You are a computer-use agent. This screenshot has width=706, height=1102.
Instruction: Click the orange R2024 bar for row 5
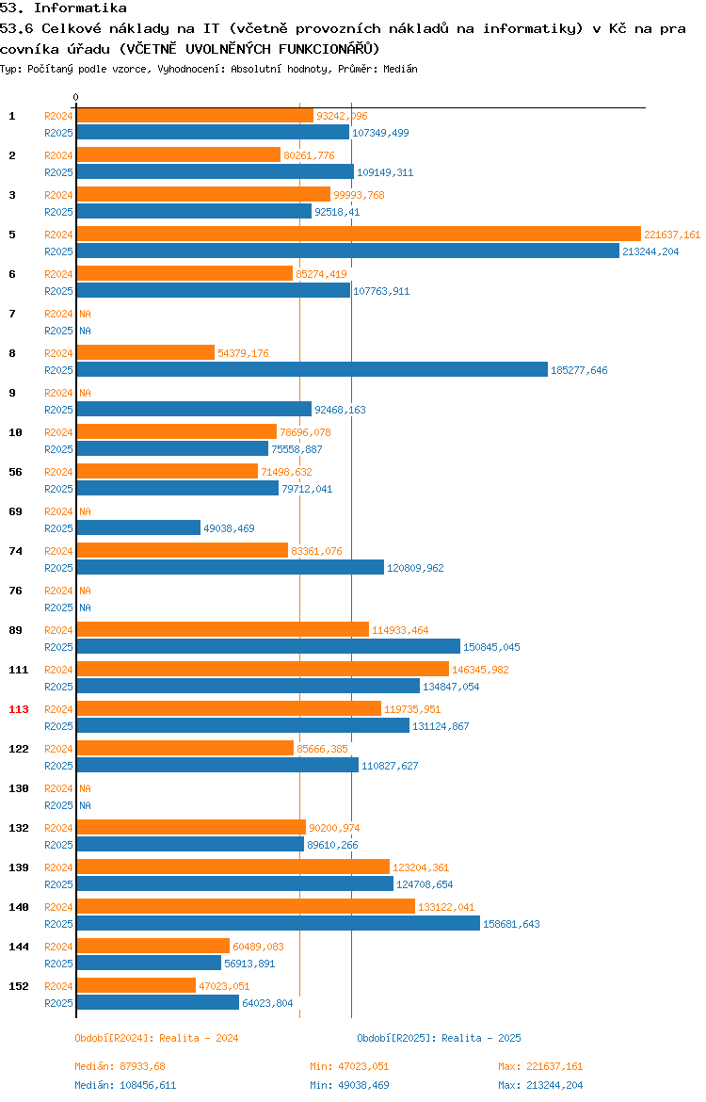tap(359, 234)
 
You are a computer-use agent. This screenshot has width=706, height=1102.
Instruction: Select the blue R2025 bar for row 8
tap(312, 369)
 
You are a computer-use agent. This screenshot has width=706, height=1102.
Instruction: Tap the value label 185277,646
tap(579, 370)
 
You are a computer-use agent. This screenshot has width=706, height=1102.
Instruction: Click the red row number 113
tap(19, 709)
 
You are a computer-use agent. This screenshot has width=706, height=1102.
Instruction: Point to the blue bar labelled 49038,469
tap(138, 527)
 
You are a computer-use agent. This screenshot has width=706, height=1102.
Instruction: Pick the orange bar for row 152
tap(136, 985)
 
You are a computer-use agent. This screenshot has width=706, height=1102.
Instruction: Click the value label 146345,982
tap(480, 670)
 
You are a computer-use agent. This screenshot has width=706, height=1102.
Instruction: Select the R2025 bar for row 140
tap(279, 923)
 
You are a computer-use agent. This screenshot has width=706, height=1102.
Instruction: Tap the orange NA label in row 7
tap(85, 314)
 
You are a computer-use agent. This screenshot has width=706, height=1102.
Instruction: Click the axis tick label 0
tap(76, 98)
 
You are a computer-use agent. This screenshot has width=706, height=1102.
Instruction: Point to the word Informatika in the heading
tap(80, 8)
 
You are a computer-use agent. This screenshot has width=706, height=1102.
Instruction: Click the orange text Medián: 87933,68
tap(120, 1066)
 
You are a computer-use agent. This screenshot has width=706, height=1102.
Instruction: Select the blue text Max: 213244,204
tap(540, 1085)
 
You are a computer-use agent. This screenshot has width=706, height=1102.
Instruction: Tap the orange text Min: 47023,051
tap(349, 1066)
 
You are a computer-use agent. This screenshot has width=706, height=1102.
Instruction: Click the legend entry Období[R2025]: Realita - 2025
tap(439, 1038)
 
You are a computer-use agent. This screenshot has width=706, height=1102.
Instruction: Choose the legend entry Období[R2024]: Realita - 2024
tap(156, 1038)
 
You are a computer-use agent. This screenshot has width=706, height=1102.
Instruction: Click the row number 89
tap(15, 630)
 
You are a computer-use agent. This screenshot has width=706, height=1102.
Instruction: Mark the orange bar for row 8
tap(145, 353)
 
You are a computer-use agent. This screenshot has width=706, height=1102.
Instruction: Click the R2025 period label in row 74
tap(58, 568)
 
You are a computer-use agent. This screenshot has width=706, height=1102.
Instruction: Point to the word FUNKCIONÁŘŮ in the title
tap(329, 49)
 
